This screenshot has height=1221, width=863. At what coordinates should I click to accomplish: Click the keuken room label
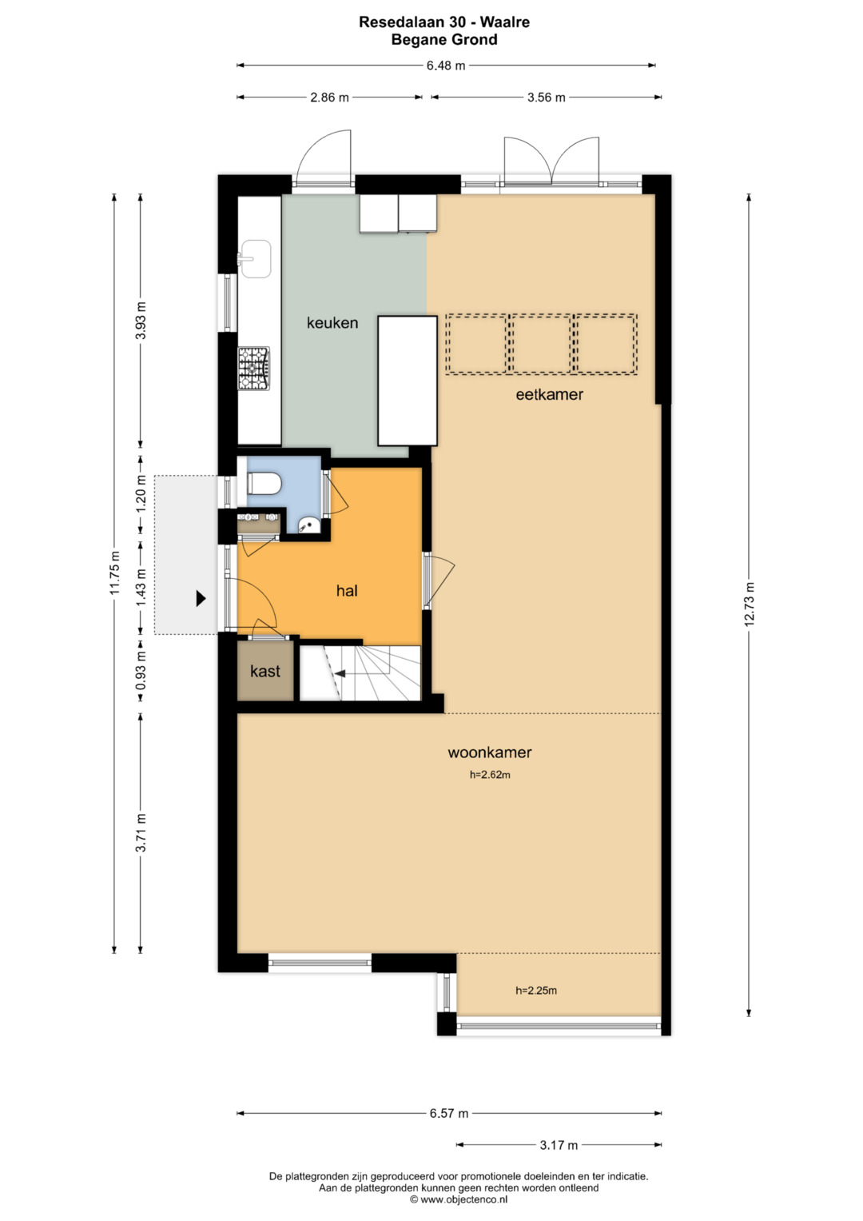(332, 323)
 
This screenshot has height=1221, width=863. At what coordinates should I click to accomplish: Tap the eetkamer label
(549, 394)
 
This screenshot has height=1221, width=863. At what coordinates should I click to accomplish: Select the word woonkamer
(490, 752)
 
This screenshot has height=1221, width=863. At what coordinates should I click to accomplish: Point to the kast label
(265, 670)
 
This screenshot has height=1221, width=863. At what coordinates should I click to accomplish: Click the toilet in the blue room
(264, 483)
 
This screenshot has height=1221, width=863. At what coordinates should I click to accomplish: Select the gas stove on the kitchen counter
(254, 369)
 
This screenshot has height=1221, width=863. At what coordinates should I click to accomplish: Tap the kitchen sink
(254, 258)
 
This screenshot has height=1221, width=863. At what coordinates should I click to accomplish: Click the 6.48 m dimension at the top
(446, 66)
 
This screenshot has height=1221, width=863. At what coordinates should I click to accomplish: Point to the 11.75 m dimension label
(113, 573)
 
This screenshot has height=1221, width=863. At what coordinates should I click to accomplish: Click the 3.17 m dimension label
(559, 1145)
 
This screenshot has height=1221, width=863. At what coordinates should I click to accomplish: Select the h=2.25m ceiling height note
(536, 991)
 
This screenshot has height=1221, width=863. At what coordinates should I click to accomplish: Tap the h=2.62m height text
(490, 775)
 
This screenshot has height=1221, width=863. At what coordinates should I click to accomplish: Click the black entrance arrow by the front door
(201, 599)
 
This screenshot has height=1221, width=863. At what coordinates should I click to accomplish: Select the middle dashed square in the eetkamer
(540, 344)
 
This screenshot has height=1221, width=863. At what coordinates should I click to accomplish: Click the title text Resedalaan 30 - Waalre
(444, 22)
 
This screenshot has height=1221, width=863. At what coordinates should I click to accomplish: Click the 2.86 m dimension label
(329, 98)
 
